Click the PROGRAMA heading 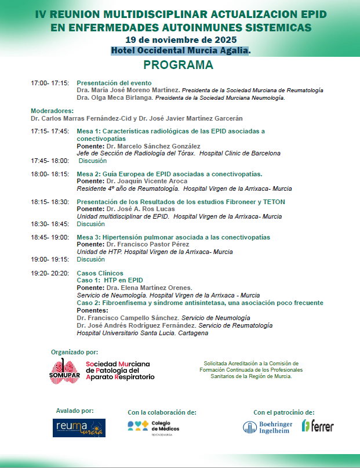[178, 65]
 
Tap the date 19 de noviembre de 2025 [180, 39]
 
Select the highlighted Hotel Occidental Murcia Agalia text [180, 50]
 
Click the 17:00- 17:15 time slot [50, 83]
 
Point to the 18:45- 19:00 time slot [50, 237]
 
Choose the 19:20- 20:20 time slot [50, 273]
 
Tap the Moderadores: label [52, 111]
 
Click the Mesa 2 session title [169, 174]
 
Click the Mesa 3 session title [173, 237]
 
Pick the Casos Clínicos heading [100, 273]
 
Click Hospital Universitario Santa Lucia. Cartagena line [142, 333]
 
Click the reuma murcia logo [79, 427]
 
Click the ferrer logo [318, 426]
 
